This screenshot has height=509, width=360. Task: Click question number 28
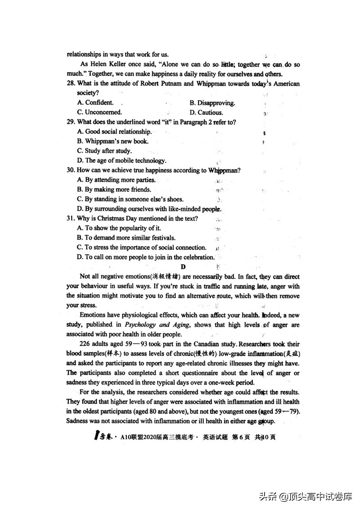click(71, 84)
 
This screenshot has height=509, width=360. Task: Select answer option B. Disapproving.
click(212, 103)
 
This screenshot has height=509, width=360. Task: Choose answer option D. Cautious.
click(206, 113)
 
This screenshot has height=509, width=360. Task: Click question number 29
click(71, 122)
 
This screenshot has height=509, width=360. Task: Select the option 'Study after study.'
click(104, 151)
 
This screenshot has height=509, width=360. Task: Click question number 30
click(71, 171)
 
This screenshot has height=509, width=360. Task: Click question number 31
click(71, 219)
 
